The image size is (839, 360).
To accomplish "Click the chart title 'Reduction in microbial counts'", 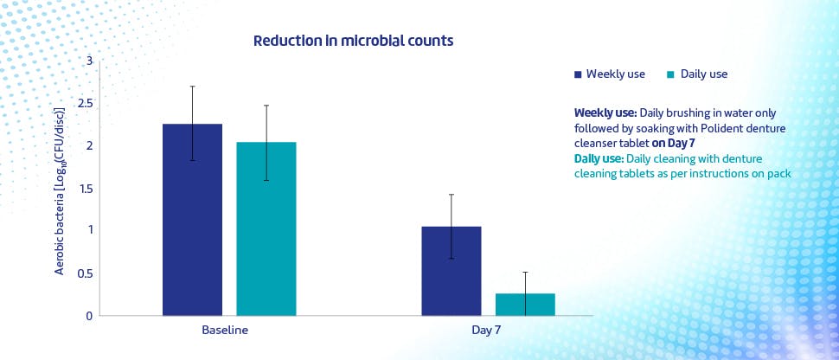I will point(353,41).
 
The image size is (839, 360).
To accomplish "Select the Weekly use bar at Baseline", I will point(192,220).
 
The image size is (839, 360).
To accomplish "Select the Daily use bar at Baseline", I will point(266,228).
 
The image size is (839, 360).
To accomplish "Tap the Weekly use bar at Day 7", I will point(451,271).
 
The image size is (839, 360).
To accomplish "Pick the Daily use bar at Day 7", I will point(525,305).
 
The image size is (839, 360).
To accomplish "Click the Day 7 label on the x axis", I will point(488,331).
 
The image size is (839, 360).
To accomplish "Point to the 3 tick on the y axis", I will point(87,61).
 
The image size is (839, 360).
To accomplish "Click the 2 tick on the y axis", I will point(87,145).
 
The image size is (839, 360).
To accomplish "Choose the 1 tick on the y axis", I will point(87,230).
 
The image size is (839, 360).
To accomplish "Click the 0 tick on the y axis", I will point(87,316).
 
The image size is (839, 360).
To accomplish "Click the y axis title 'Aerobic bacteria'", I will point(60,192).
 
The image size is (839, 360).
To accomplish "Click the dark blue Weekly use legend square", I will point(578,74).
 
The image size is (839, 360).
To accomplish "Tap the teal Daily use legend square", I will point(670,74).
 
